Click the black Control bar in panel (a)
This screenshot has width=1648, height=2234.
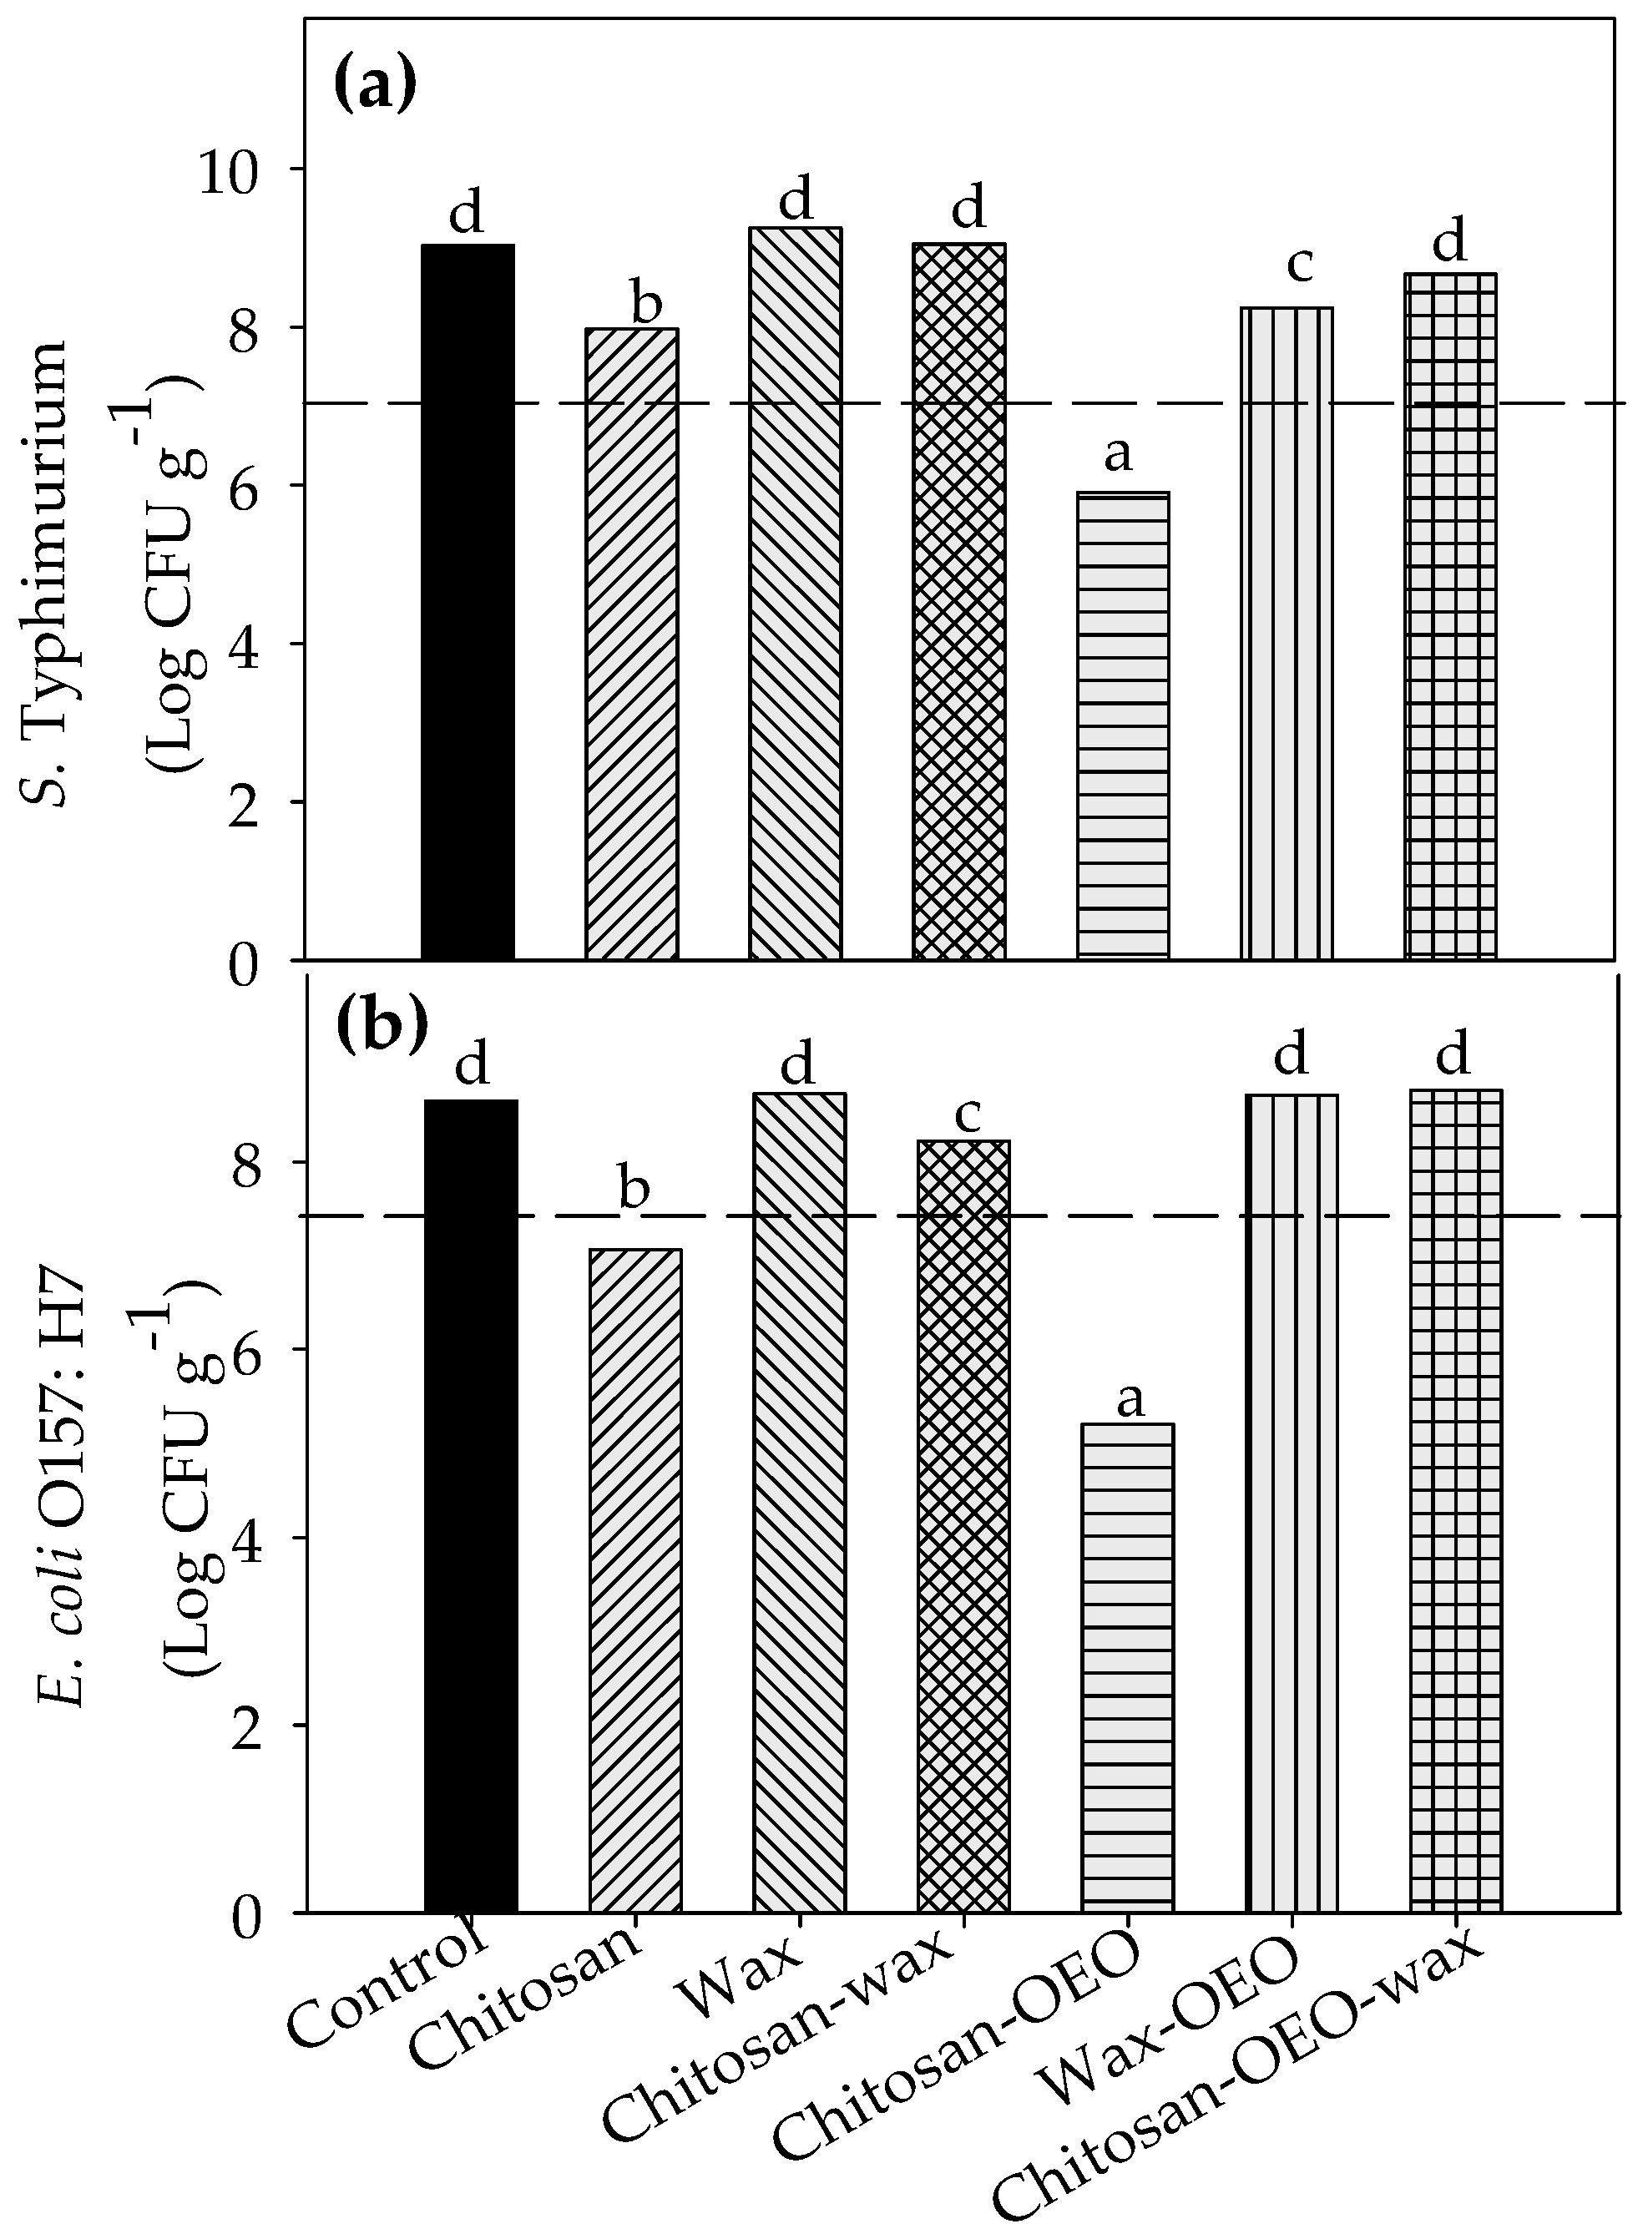pos(468,603)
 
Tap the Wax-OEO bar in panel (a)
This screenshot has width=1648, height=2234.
pos(1287,634)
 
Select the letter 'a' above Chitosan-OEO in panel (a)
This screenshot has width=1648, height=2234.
pos(1119,455)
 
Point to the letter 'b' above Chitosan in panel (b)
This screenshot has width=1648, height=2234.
pos(634,1189)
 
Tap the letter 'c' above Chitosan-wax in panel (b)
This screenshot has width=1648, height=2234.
pos(968,1116)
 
